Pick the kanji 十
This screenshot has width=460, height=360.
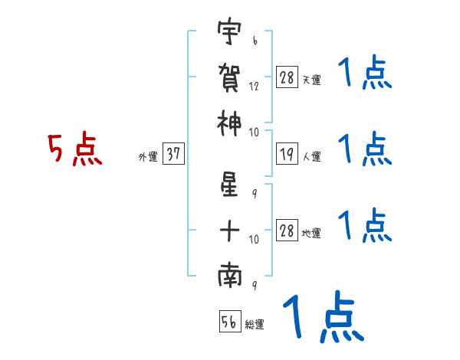point(229,230)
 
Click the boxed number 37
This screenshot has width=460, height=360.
point(173,154)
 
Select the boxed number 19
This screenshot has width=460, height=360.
point(287,154)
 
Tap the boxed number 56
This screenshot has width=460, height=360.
point(229,322)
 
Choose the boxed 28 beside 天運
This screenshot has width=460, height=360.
point(287,77)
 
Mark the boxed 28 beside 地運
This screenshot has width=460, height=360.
point(287,231)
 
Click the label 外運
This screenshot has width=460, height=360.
point(147,157)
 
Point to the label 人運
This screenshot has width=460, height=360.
point(311,157)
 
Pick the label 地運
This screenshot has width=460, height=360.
point(311,234)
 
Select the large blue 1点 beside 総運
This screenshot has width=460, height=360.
point(322,317)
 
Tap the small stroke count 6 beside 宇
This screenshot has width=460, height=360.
point(255,38)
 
